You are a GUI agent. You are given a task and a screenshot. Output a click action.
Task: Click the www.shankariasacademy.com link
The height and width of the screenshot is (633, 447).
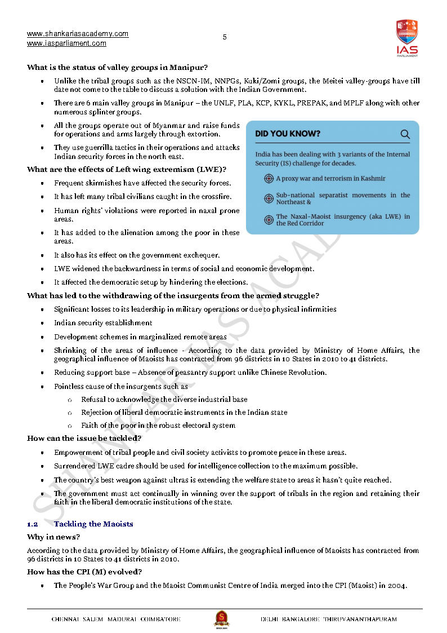click(78, 34)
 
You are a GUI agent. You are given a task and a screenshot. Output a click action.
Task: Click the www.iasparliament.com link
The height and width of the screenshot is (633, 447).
click(66, 43)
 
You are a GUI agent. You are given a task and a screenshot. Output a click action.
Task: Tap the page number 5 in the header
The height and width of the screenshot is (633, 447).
click(225, 37)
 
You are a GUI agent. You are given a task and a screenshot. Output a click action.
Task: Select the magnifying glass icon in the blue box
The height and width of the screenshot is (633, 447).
click(405, 134)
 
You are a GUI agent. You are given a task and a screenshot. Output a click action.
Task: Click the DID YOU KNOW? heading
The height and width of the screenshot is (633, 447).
click(288, 134)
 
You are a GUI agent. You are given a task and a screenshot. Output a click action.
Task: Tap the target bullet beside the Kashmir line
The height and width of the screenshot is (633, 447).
click(269, 179)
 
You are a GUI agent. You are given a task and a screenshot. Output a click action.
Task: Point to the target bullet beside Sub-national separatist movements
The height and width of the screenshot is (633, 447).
click(269, 198)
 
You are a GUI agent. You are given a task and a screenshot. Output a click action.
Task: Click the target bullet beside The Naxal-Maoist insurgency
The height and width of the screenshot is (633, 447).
click(269, 220)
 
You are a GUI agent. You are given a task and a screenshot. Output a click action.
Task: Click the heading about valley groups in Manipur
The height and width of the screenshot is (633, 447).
click(117, 68)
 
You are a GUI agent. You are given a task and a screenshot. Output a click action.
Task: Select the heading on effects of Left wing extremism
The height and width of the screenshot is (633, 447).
click(127, 169)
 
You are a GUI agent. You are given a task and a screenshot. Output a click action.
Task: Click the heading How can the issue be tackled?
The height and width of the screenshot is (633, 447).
click(84, 438)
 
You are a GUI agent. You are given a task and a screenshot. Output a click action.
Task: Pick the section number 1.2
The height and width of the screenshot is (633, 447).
click(32, 524)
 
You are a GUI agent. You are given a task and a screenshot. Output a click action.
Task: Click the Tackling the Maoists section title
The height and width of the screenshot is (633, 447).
click(93, 524)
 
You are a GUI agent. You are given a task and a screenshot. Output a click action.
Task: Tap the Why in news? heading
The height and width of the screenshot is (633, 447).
click(53, 537)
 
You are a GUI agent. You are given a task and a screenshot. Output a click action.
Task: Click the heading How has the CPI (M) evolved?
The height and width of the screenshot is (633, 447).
click(84, 572)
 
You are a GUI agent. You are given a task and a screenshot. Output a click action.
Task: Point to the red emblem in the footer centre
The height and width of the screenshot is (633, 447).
click(221, 619)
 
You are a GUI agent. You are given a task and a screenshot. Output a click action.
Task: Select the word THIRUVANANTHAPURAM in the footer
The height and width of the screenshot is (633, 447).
click(360, 619)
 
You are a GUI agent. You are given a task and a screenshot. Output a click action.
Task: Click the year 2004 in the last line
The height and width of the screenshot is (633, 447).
click(397, 585)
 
